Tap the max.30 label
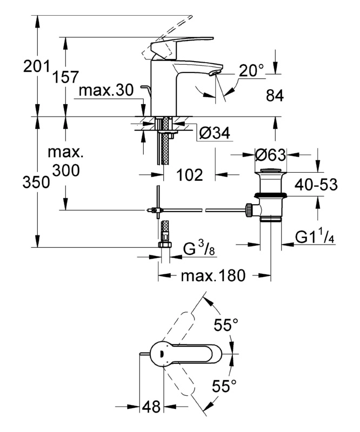[105, 91]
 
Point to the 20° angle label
[251, 71]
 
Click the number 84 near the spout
[275, 96]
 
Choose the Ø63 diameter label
[270, 156]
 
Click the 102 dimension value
[190, 174]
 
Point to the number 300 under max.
[65, 170]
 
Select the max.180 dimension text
[213, 276]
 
